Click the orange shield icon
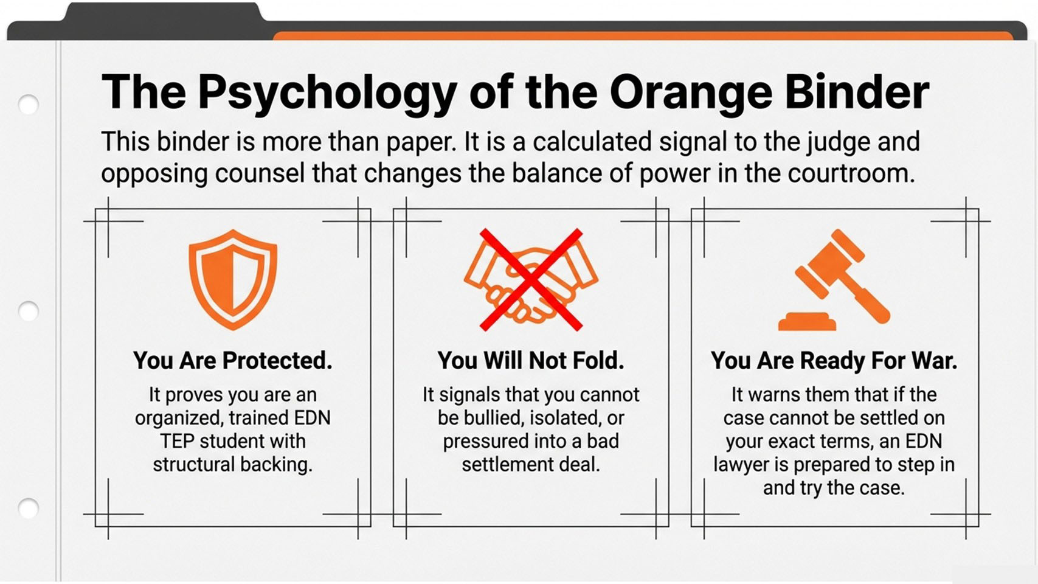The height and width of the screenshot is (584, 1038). (x=233, y=279)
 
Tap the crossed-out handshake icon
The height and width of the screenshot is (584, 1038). (x=531, y=279)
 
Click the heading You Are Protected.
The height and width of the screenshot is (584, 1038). (x=233, y=361)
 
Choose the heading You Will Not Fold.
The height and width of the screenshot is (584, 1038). (x=531, y=361)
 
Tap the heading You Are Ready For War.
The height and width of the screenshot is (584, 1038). (x=834, y=361)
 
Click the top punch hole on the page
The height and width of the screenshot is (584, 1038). (x=28, y=104)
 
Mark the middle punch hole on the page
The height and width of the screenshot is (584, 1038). (x=28, y=311)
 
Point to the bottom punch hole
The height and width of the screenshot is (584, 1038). (x=28, y=509)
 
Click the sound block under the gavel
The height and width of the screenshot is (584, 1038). (x=807, y=322)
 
